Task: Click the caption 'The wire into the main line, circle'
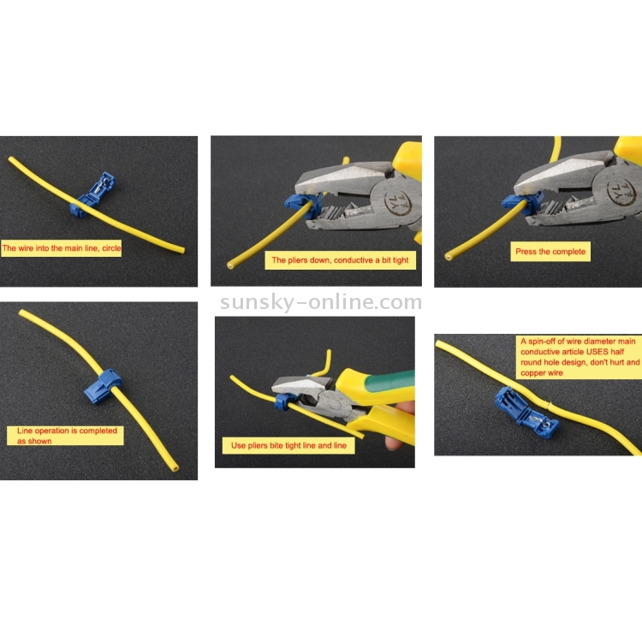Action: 62,248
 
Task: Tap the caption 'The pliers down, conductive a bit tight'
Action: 340,260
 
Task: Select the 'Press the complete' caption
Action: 550,252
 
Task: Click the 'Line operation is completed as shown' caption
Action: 66,436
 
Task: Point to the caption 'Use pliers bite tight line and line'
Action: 288,445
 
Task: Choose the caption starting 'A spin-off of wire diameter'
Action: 580,357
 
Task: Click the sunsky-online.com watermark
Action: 321,302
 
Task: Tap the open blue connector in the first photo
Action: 92,194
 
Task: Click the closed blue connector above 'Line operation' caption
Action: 103,387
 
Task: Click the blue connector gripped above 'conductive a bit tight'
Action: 300,204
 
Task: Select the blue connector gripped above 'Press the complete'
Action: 520,204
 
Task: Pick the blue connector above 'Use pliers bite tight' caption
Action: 283,401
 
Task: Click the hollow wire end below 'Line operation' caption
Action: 175,467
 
